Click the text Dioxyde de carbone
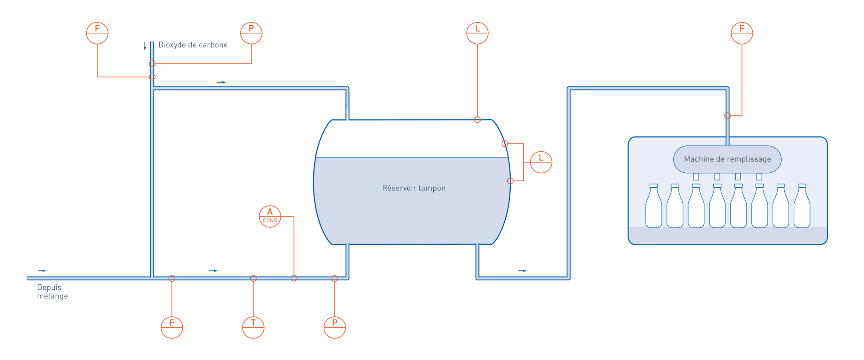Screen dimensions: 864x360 [193, 45]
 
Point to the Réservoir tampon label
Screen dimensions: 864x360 [414, 188]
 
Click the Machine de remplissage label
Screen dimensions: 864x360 [728, 159]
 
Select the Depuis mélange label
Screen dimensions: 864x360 [53, 292]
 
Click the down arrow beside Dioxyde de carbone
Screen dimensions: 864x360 [145, 46]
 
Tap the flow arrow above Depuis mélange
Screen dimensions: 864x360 [42, 271]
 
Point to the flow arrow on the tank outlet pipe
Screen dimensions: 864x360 [522, 271]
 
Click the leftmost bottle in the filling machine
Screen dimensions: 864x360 [654, 206]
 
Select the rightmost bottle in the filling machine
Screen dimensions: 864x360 [802, 206]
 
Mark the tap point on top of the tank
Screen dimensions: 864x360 [477, 120]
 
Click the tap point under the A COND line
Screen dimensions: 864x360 [294, 279]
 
